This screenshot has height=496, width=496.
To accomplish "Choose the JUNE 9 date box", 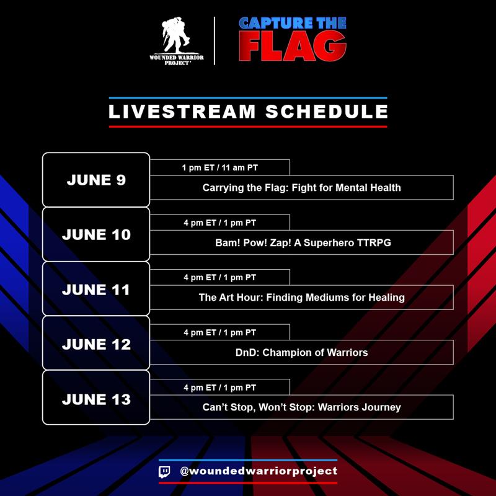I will point(96,180).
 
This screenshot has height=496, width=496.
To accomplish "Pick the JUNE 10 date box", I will point(96,234).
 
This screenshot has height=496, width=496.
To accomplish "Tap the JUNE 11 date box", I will point(96,289).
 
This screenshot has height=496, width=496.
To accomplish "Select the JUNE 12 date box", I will point(96,343).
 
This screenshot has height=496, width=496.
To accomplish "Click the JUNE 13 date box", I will point(96,399).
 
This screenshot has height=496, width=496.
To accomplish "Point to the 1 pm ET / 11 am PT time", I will point(219,168).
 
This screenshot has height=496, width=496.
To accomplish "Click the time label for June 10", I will point(219,223).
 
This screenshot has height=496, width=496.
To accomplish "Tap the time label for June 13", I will point(219,387).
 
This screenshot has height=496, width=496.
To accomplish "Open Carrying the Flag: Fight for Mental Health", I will point(301,187).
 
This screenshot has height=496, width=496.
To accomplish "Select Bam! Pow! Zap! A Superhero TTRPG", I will point(301,242).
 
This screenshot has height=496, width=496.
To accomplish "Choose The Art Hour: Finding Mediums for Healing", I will point(301,297).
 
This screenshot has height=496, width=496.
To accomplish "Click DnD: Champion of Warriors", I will point(301,352).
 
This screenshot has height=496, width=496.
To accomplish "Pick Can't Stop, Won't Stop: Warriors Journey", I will point(301,407).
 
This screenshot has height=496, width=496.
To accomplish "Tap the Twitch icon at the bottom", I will point(165,471).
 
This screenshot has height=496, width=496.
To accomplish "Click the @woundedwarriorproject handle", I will point(258,471).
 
